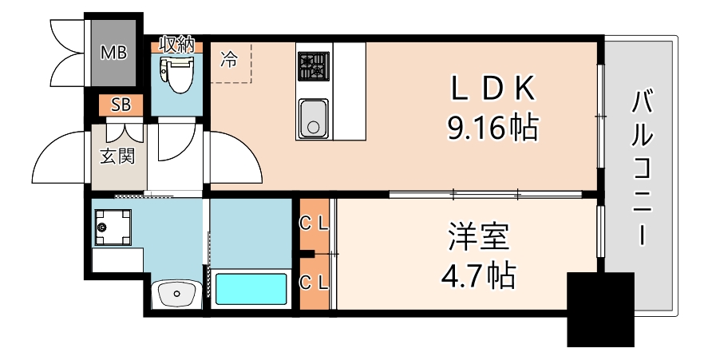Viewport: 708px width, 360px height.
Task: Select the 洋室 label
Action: tap(478, 238)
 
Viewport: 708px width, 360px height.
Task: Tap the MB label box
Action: tap(113, 54)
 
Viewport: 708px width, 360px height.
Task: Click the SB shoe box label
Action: tap(121, 105)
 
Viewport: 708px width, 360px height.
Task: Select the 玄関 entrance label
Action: tap(117, 155)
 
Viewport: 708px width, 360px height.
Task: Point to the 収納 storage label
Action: tap(176, 45)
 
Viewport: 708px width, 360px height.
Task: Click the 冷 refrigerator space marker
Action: tap(228, 59)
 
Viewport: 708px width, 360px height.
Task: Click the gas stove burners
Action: tap(313, 65)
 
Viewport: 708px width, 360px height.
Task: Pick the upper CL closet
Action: tap(314, 224)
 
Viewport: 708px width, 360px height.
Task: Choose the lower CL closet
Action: tap(314, 281)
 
